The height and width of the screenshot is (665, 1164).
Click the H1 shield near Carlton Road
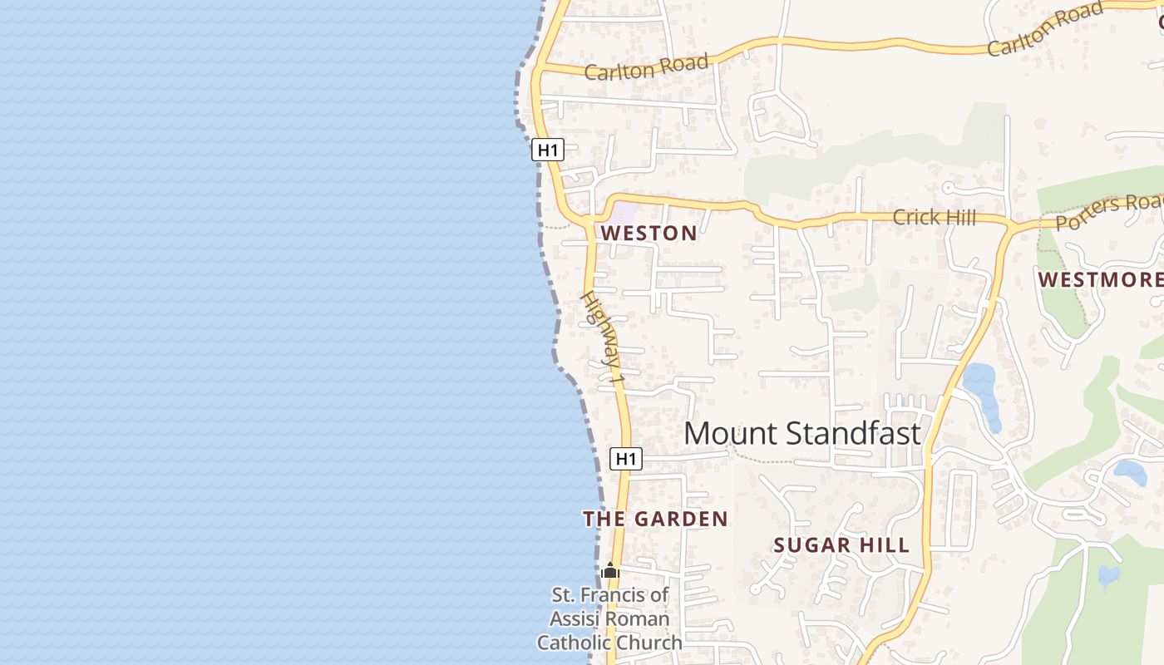pos(548,150)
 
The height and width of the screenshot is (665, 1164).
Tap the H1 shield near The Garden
pos(626,459)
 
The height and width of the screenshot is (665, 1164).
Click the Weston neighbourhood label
pos(649,234)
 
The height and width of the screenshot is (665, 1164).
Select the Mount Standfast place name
pos(802,434)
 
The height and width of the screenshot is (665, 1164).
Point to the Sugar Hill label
pos(841,546)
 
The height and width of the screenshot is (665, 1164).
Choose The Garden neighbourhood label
pos(655,520)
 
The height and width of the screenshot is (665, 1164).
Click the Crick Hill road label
pos(934,218)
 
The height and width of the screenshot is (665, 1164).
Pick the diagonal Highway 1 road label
pos(602,337)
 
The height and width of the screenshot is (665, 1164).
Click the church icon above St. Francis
pos(610,571)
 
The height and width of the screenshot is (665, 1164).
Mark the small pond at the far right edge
pos(1109,574)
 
